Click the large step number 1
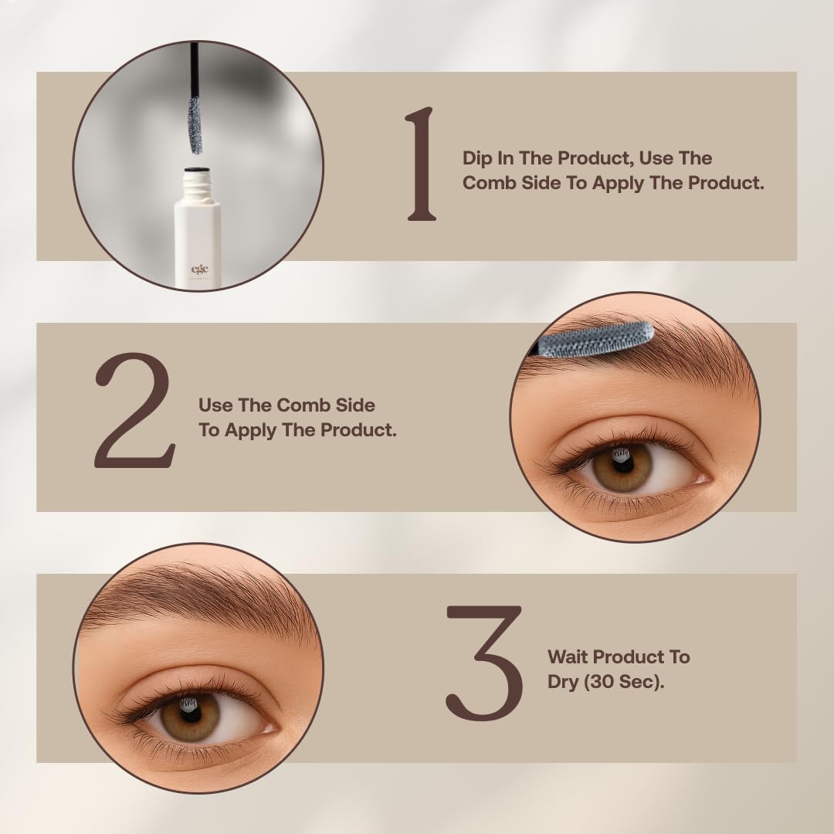tap(421, 164)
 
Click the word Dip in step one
tap(477, 159)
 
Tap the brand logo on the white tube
tap(200, 271)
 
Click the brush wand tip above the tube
tap(195, 125)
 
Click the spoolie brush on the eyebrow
tap(595, 340)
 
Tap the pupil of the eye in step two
tap(622, 464)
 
